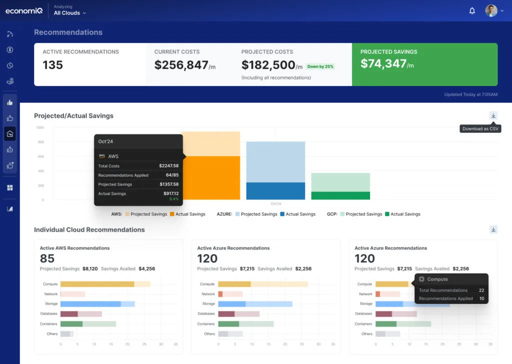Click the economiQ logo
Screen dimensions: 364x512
23,10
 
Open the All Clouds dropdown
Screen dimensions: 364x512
70,13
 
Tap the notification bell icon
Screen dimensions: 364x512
472,11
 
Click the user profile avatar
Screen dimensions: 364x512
491,11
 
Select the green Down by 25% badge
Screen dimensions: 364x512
320,66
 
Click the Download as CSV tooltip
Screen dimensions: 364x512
480,128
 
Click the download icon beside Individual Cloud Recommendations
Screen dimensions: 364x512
493,229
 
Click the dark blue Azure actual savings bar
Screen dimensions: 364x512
275,191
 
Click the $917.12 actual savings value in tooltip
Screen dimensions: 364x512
169,193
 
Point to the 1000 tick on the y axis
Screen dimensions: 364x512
40,127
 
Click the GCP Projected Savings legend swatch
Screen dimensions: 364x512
342,214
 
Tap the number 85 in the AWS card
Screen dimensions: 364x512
47,258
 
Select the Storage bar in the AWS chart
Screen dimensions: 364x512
90,303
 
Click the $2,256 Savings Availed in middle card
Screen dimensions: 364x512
303,268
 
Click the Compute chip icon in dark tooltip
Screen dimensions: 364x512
421,279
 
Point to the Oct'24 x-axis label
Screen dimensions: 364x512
275,203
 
